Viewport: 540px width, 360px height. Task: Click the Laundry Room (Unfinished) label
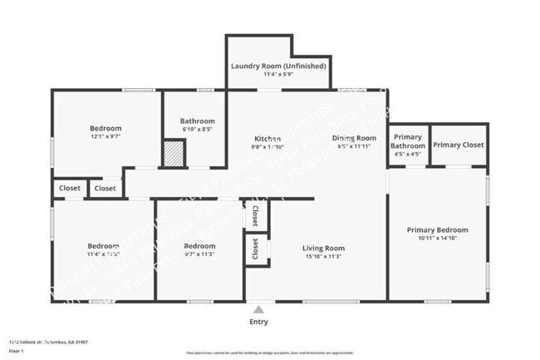(277, 66)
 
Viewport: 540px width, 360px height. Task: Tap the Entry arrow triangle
(259, 309)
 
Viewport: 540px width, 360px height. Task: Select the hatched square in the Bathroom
(173, 154)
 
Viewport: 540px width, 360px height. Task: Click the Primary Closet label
(459, 145)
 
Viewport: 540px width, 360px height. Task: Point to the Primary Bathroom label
(408, 141)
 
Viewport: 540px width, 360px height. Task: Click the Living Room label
(323, 248)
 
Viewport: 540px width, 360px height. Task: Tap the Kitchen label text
(268, 138)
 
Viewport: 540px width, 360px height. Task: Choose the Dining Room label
(354, 138)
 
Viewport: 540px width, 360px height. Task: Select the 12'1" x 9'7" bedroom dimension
(106, 137)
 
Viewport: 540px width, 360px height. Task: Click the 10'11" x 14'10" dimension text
(437, 239)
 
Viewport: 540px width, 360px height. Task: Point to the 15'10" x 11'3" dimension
(323, 257)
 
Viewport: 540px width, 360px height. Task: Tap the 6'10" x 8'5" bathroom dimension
(198, 130)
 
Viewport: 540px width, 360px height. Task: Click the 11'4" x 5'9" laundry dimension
(277, 75)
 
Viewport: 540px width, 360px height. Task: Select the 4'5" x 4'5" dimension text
(408, 154)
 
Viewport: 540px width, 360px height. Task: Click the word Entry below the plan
(259, 322)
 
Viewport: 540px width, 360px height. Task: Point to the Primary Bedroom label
(437, 229)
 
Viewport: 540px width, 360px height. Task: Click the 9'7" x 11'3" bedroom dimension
(199, 254)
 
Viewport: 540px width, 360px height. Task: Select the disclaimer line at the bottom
(269, 353)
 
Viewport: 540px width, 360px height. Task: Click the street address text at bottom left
(48, 341)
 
